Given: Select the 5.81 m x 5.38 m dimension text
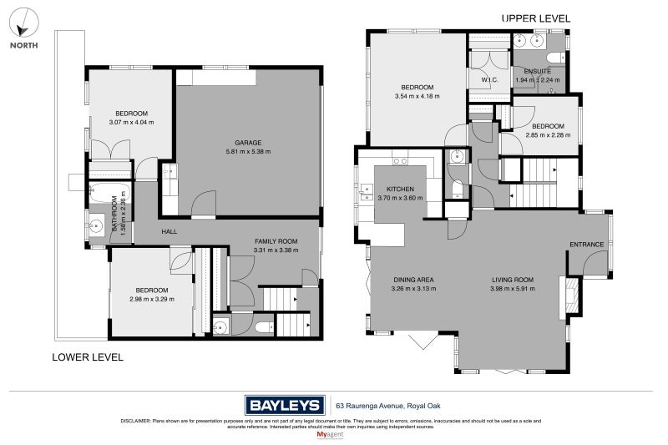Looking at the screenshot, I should (x=248, y=151).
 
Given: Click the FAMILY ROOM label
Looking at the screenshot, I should (x=276, y=240).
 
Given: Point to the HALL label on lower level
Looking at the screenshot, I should (x=170, y=231).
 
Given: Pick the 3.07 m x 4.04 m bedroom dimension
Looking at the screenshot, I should (x=131, y=123).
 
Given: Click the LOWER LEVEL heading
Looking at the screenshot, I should (x=88, y=357).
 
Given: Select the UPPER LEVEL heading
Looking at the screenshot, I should (x=536, y=18).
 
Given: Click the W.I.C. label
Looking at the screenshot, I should (x=489, y=81).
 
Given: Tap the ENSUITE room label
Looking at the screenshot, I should (x=537, y=72).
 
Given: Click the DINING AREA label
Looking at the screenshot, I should (x=412, y=280).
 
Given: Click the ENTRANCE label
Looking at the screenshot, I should (x=587, y=245).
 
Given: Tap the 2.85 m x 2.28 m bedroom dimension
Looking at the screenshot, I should (x=548, y=135).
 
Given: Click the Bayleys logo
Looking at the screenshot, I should (x=284, y=406).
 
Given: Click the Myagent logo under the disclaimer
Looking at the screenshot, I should (x=333, y=435).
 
